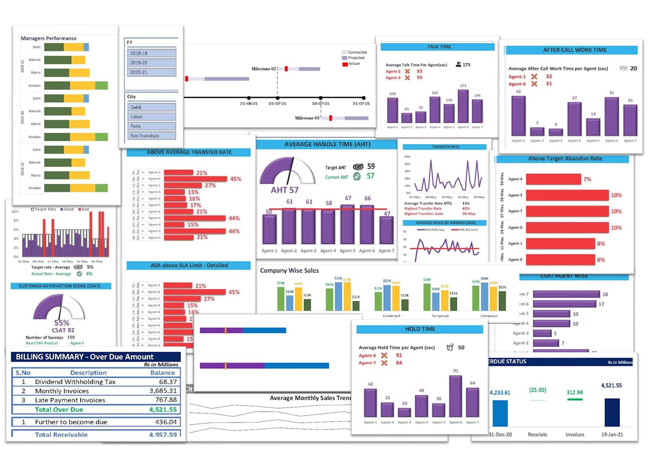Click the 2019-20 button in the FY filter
click(x=151, y=63)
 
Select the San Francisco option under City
click(x=151, y=136)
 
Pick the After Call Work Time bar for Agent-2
click(x=537, y=132)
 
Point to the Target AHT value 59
click(x=371, y=167)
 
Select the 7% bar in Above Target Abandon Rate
click(x=553, y=179)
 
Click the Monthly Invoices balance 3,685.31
click(x=163, y=391)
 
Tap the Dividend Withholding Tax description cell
click(x=75, y=382)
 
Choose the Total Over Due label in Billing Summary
click(x=59, y=410)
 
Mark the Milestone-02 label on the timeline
click(x=264, y=69)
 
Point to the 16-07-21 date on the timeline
click(x=320, y=103)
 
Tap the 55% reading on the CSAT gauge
click(x=61, y=323)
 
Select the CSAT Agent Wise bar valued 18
click(x=566, y=294)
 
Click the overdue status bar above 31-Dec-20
click(x=500, y=413)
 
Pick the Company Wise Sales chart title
click(x=289, y=270)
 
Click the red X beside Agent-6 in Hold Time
click(x=384, y=355)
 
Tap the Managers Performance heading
click(x=49, y=38)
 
